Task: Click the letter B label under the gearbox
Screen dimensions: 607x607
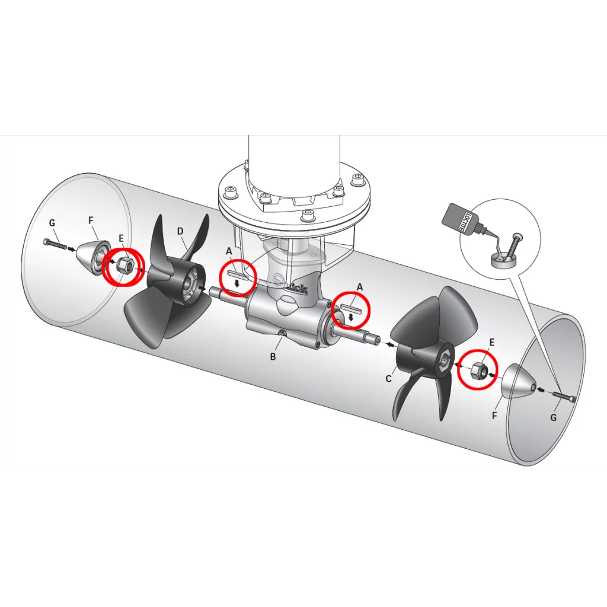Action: coord(273,356)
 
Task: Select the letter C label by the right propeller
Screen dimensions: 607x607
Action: coord(389,379)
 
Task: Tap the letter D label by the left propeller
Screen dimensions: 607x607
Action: coord(180,232)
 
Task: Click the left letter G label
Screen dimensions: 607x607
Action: coord(52,223)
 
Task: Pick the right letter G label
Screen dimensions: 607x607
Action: coord(553,418)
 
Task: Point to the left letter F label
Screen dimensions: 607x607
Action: coord(91,221)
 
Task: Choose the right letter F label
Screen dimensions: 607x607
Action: coord(494,416)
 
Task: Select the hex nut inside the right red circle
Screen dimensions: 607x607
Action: coord(477,370)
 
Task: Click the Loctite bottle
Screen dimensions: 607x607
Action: coord(462,221)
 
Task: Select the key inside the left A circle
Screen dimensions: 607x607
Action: coord(237,275)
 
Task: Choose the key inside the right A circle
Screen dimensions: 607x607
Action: coord(352,308)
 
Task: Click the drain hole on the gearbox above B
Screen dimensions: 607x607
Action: coord(283,333)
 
